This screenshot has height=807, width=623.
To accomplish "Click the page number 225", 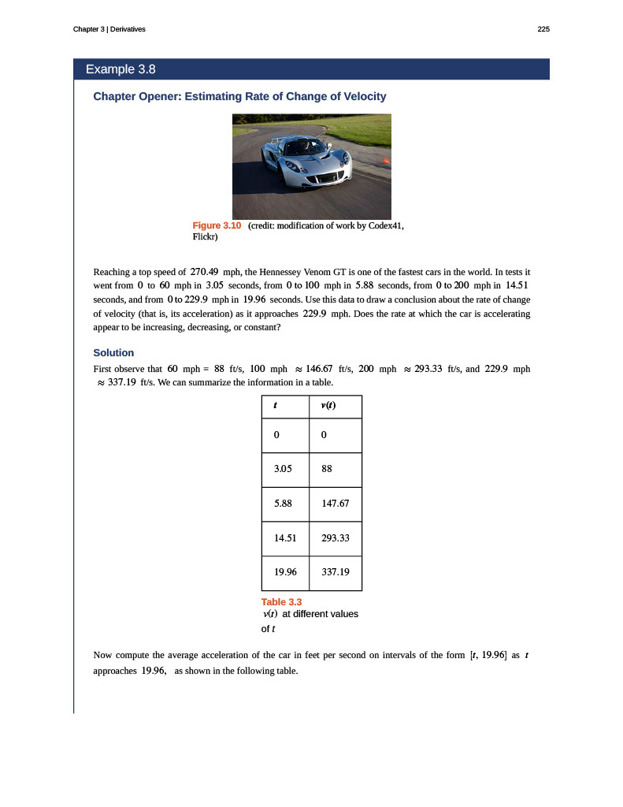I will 543,29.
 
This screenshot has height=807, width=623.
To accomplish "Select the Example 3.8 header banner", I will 311,69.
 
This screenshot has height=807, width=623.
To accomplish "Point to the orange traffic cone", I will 385,162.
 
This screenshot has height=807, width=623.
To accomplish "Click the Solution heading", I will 113,352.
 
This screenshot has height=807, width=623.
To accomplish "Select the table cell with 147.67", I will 336,503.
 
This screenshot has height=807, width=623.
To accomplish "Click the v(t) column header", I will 336,407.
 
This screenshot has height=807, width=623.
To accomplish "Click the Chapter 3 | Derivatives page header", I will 109,29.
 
